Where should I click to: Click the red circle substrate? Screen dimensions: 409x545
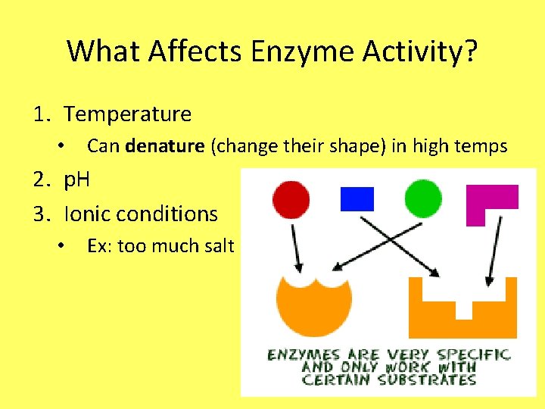291,199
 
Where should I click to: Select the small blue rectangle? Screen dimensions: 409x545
357,198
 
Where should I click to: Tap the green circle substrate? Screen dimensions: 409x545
422,199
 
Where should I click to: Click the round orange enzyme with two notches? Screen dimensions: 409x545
313,307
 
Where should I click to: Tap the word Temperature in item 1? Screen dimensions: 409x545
127,114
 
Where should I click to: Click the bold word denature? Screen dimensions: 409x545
164,146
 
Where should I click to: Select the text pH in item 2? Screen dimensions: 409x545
77,180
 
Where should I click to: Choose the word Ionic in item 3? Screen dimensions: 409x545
88,214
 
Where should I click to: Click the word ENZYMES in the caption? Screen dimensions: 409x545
303,354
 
